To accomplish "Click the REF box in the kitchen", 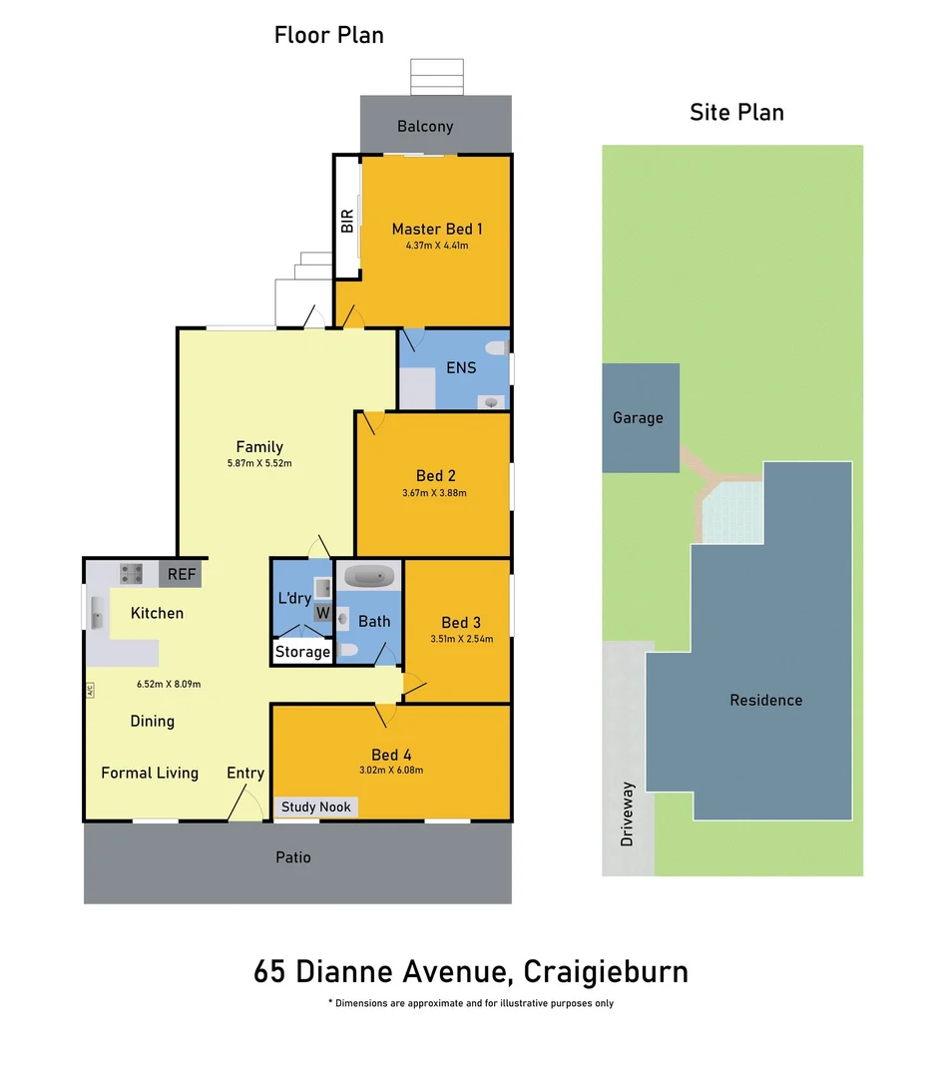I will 182,574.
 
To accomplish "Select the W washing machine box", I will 322,613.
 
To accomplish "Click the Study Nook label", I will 316,807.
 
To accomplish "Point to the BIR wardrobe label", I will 347,221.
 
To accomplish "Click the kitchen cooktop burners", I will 132,573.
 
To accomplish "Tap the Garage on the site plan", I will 638,418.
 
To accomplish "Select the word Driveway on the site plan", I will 627,813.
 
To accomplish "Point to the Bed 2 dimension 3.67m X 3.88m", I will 434,492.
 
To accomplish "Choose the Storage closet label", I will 302,652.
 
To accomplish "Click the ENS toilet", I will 493,348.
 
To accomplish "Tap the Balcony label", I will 425,127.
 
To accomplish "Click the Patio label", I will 293,857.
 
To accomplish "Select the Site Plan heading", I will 736,112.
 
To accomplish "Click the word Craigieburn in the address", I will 606,971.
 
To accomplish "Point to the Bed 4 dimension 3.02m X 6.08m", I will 392,771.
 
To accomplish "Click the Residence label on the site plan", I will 765,700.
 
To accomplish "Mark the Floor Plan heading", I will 329,35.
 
